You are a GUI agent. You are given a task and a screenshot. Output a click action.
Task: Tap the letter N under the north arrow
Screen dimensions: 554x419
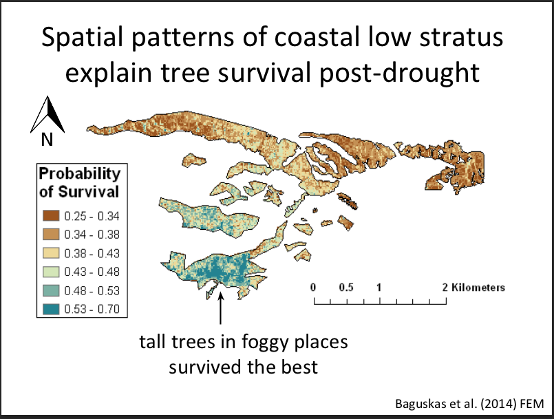(x=47, y=140)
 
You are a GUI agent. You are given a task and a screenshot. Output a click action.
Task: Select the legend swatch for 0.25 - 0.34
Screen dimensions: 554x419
(x=51, y=215)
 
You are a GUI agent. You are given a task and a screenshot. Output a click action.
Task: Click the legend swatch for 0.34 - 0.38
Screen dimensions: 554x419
(x=51, y=234)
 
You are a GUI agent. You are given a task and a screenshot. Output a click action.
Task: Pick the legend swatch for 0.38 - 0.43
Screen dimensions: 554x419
(x=51, y=253)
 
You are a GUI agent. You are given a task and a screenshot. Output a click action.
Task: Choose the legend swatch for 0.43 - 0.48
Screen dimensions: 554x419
(x=51, y=272)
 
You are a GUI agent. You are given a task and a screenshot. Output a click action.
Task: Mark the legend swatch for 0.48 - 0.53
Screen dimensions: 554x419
(x=51, y=290)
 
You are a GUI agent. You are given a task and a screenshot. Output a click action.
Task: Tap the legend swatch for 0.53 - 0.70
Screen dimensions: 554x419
(x=51, y=309)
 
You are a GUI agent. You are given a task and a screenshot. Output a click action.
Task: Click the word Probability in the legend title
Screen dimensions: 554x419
(x=80, y=174)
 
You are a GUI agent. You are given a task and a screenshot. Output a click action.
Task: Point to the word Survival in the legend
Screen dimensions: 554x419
(x=88, y=192)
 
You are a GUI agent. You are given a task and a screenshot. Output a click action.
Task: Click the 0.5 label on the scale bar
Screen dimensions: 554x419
(x=346, y=287)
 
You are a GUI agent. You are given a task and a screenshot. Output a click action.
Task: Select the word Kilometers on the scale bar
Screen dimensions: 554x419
(x=478, y=288)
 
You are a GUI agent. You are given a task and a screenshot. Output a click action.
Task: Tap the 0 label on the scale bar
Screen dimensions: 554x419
(x=313, y=287)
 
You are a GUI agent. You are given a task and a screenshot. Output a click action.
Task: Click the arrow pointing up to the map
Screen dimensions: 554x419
(x=220, y=308)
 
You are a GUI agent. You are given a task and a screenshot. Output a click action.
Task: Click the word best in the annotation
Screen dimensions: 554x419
(x=299, y=367)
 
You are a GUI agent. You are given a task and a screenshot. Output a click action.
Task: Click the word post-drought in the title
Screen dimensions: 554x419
(x=400, y=74)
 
